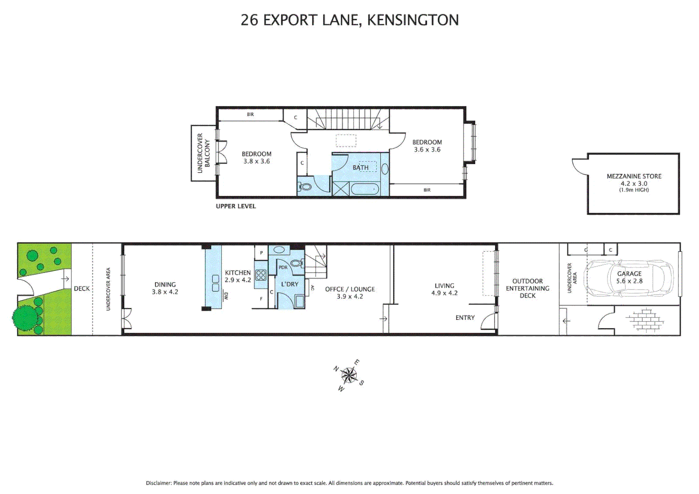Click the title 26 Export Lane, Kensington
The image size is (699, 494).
click(x=349, y=20)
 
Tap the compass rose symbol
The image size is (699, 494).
click(x=349, y=376)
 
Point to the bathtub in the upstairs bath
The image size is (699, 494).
click(x=364, y=189)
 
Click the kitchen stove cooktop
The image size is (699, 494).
click(x=261, y=275)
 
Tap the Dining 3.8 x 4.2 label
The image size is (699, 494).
click(x=165, y=288)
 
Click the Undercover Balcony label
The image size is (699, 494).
click(x=203, y=153)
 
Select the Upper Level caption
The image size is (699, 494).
click(x=236, y=206)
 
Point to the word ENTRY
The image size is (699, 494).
click(x=465, y=318)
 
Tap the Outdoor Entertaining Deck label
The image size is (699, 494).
click(x=527, y=289)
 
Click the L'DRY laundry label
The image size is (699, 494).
click(x=290, y=284)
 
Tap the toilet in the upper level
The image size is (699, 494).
click(x=305, y=187)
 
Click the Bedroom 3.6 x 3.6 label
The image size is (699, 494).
click(x=427, y=146)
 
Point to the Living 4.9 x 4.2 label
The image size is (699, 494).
click(x=444, y=289)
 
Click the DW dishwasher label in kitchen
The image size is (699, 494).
click(x=226, y=296)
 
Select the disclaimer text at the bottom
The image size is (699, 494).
click(x=349, y=483)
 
